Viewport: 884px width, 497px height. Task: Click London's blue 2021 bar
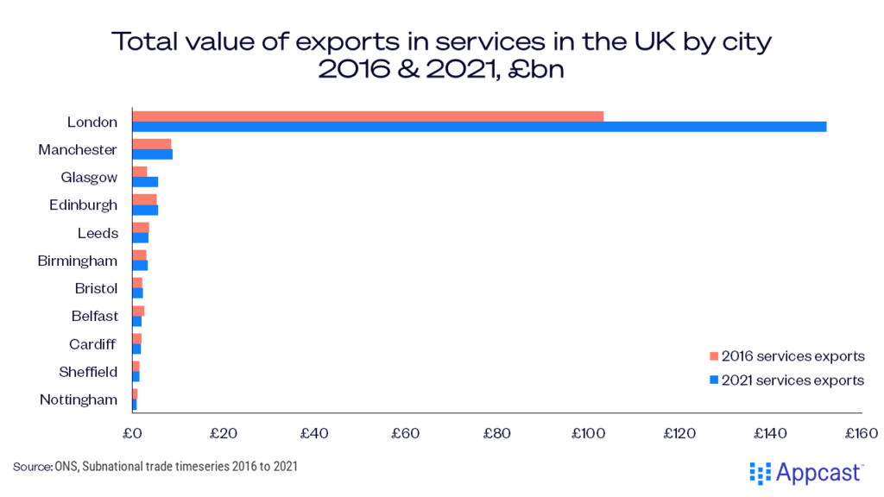(x=479, y=127)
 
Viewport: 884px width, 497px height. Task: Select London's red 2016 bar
(x=368, y=116)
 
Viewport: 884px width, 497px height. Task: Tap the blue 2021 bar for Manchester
(x=152, y=154)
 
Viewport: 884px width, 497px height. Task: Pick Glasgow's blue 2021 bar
(x=145, y=182)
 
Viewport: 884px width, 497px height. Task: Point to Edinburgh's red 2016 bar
(x=144, y=199)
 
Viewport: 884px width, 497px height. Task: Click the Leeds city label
(x=98, y=233)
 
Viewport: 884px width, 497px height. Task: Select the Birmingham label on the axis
(x=78, y=261)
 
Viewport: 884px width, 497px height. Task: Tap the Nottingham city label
(x=79, y=399)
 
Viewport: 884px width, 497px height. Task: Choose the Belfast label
(x=95, y=316)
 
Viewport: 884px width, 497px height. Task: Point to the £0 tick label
(x=132, y=432)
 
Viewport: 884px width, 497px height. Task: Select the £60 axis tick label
(x=406, y=432)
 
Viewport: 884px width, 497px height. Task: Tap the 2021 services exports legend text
(x=792, y=380)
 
